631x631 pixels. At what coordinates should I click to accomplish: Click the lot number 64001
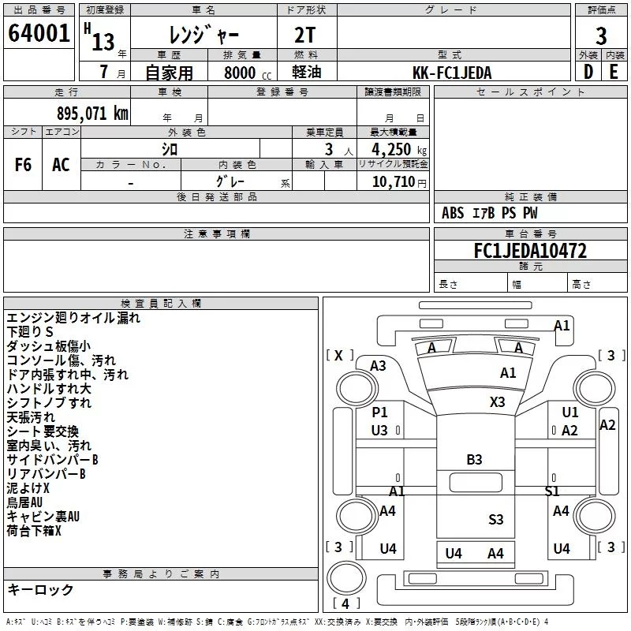[39, 33]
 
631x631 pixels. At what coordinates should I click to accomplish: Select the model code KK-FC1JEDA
[452, 73]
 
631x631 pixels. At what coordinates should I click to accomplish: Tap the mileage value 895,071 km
[92, 114]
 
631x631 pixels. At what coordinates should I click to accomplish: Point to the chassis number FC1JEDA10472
[530, 251]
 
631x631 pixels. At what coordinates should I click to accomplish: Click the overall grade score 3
[601, 36]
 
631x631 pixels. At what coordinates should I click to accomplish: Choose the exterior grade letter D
[588, 72]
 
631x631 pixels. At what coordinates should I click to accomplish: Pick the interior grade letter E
[614, 72]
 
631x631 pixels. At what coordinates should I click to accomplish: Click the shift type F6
[23, 165]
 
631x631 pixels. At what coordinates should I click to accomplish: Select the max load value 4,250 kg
[399, 150]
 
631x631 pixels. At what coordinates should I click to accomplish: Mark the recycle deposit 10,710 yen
[399, 182]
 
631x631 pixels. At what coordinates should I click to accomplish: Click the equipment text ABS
[453, 213]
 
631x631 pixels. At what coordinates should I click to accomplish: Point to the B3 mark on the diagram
[474, 460]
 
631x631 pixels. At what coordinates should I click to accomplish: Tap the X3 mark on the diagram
[497, 402]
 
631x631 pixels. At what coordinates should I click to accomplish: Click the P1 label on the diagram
[379, 412]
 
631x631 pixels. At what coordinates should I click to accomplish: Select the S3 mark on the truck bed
[496, 520]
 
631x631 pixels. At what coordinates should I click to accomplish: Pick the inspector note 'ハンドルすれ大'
[49, 389]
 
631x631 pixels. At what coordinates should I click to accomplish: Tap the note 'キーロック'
[40, 589]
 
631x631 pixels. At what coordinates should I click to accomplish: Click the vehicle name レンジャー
[203, 35]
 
